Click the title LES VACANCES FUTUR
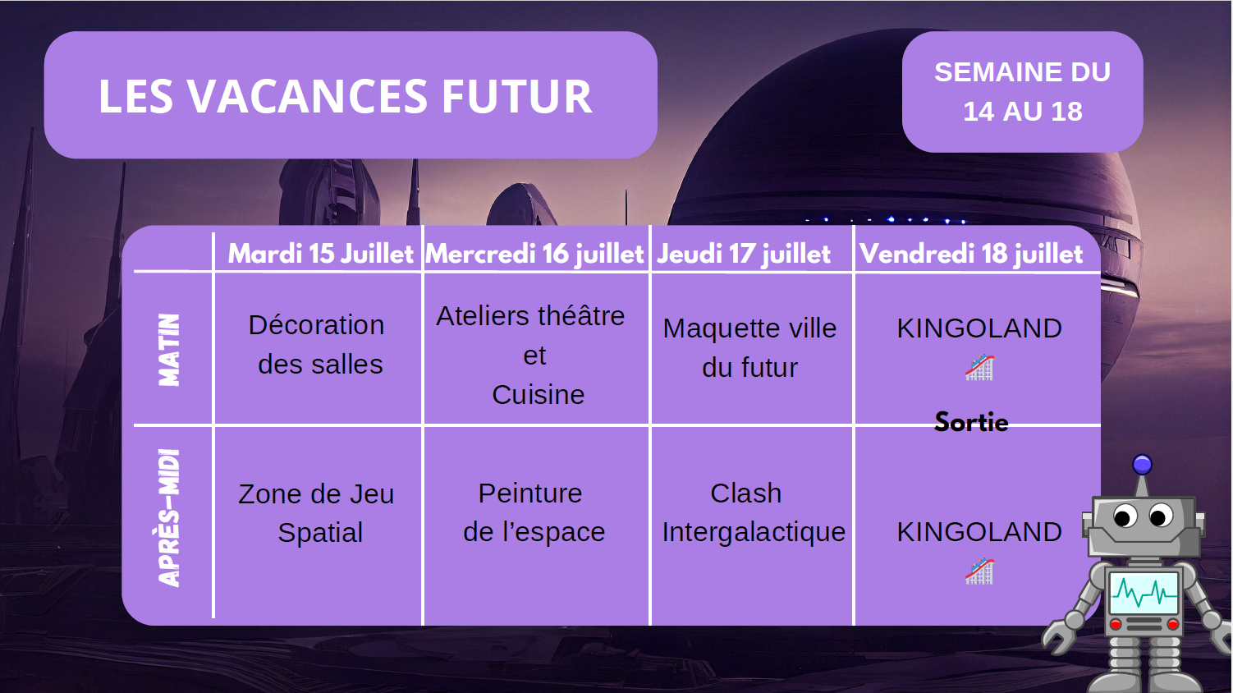click(x=346, y=96)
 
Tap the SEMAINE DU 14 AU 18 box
click(x=1022, y=92)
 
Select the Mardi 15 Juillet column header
click(x=320, y=254)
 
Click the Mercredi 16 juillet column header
click(x=534, y=254)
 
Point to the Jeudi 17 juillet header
click(x=744, y=254)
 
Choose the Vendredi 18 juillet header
click(x=971, y=254)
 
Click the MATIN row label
click(x=169, y=350)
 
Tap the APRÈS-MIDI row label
click(x=169, y=518)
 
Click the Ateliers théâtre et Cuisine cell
click(x=532, y=355)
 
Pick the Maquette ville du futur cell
click(x=749, y=348)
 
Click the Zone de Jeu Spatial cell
click(x=317, y=513)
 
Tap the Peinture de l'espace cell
click(x=533, y=512)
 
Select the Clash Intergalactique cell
click(x=753, y=512)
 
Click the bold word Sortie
click(x=971, y=422)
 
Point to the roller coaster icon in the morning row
click(x=979, y=368)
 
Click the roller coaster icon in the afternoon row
click(x=979, y=571)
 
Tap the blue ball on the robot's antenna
click(x=1142, y=465)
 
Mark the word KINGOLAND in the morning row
click(x=979, y=328)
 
